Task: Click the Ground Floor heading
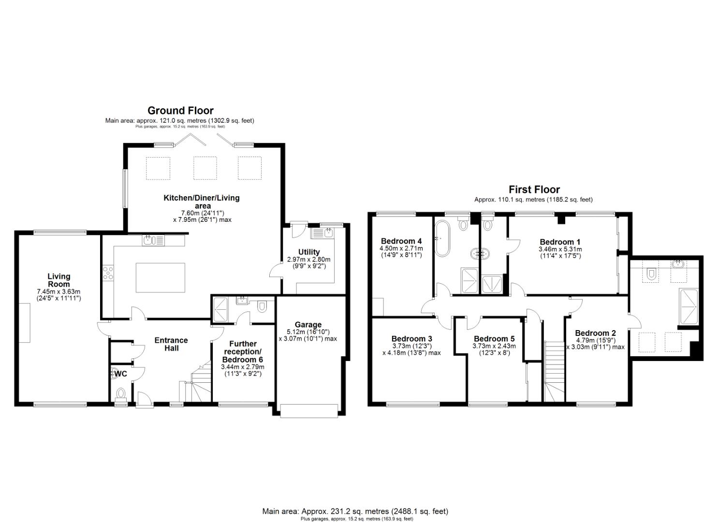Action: [x=180, y=111]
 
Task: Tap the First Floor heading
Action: [x=534, y=189]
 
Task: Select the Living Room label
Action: [x=59, y=280]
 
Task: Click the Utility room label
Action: [x=308, y=252]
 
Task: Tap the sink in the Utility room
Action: [x=322, y=234]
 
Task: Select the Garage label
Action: [x=308, y=324]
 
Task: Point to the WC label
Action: [x=121, y=374]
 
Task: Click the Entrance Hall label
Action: [x=171, y=344]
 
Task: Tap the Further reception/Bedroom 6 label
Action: [x=242, y=352]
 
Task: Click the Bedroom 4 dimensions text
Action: [x=401, y=251]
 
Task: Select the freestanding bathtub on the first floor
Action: [x=441, y=239]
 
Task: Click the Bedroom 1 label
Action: [x=560, y=242]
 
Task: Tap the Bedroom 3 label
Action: [x=411, y=339]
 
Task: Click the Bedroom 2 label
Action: [x=595, y=333]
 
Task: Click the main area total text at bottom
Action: [x=355, y=511]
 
